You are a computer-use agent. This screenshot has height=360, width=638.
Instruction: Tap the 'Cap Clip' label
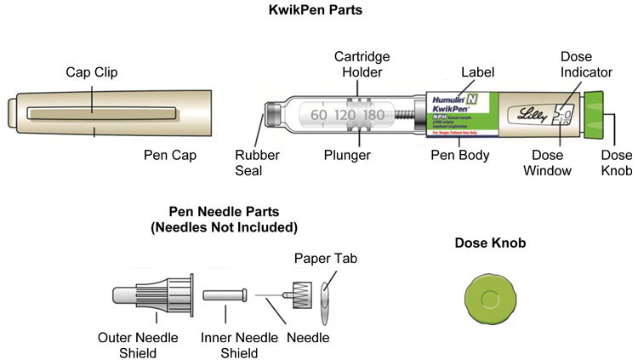coord(91,73)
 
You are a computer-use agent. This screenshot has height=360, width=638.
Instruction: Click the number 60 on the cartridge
coord(319,115)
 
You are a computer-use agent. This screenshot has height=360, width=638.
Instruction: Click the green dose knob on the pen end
coord(595,114)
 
